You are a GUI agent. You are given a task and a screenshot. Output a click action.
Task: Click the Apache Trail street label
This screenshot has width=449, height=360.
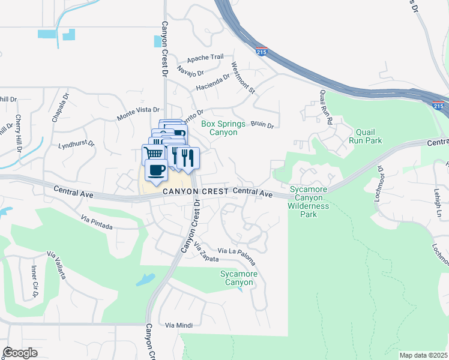(205, 58)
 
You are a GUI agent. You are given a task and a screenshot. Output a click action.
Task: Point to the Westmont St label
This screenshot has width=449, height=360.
(243, 79)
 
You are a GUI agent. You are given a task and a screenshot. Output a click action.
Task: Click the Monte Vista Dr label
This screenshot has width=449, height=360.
(139, 110)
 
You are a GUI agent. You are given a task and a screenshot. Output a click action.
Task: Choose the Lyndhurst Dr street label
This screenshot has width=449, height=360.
(76, 145)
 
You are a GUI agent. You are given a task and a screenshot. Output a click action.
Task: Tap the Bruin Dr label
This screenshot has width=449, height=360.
(262, 125)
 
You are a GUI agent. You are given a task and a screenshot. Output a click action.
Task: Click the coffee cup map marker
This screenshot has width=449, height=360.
(156, 170)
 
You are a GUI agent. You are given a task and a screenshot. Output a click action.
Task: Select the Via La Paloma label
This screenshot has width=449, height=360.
(237, 256)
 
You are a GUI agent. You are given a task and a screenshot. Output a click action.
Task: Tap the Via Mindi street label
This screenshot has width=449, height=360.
(179, 325)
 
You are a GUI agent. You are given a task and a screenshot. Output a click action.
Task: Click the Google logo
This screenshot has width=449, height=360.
(20, 352)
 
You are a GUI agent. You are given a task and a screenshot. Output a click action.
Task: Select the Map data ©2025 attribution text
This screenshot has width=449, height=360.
(423, 355)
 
